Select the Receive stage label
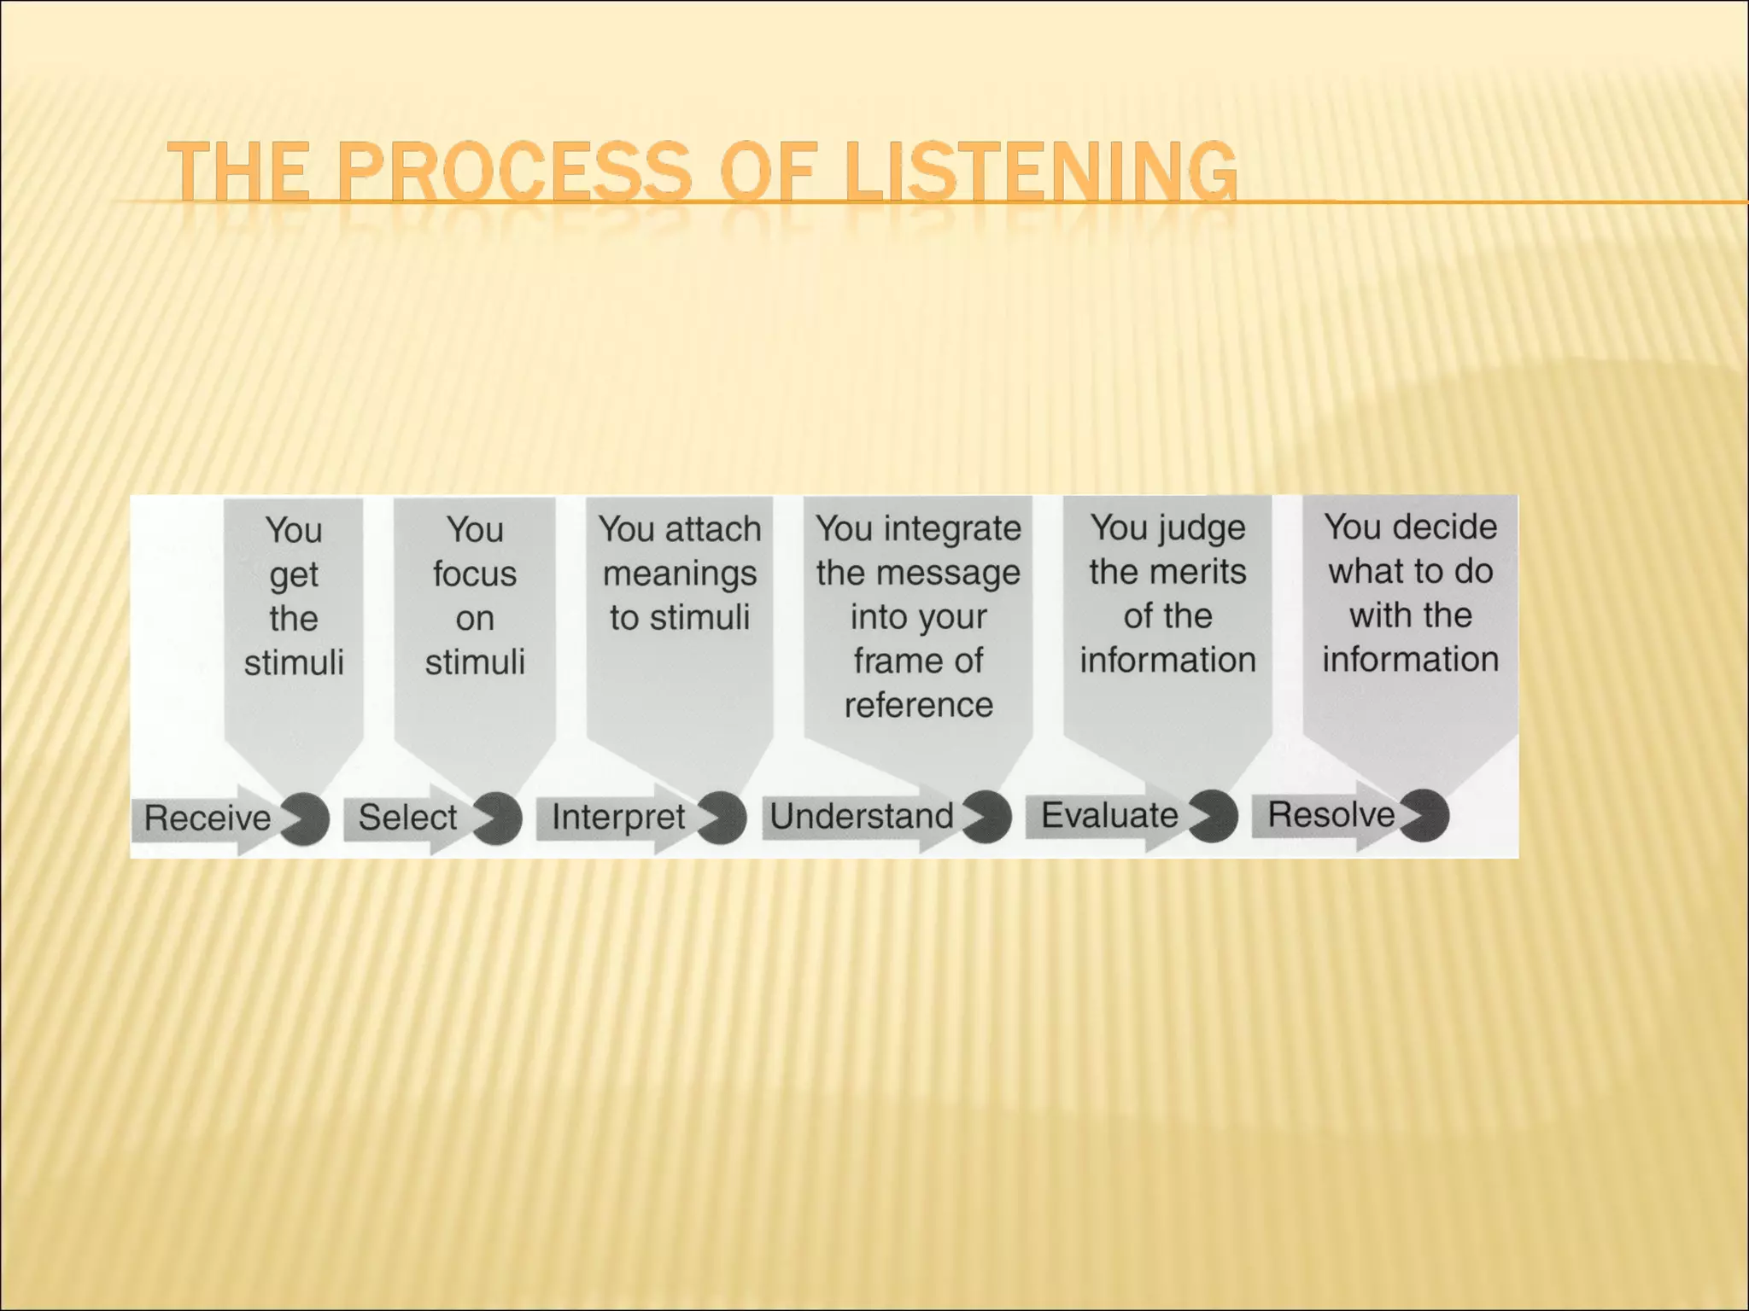point(208,818)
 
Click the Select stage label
point(407,817)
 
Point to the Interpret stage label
point(618,816)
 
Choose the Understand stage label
point(862,815)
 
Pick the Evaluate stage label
point(1109,814)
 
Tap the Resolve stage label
point(1331,813)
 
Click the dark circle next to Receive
point(306,819)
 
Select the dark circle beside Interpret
point(723,817)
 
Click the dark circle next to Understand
point(988,817)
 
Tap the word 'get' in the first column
point(294,575)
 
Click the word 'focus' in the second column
point(475,574)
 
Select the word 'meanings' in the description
point(680,573)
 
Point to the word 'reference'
point(919,705)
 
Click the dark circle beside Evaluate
point(1214,816)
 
